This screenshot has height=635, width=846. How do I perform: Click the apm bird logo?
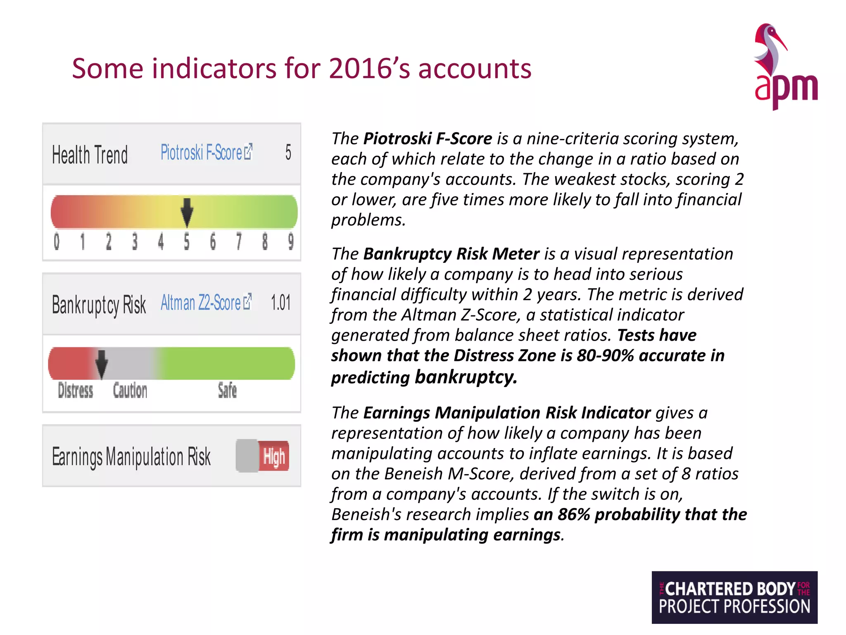point(785,66)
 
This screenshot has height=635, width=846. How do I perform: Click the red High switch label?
point(274,457)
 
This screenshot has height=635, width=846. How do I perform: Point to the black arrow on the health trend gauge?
point(187,212)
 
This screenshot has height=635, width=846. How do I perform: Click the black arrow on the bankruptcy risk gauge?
point(101,363)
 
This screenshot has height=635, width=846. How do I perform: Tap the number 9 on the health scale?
point(291,241)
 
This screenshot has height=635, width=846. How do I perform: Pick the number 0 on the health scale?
point(57,241)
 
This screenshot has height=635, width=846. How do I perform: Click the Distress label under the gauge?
point(76,391)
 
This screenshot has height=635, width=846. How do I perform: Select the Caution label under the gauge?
point(130,391)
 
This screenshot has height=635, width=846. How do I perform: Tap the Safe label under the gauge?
point(227,391)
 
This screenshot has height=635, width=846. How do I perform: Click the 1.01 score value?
point(281,303)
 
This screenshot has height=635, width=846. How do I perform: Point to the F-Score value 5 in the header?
point(288,153)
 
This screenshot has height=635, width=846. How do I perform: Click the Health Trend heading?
point(90,155)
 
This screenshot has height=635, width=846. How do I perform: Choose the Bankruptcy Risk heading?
point(99,305)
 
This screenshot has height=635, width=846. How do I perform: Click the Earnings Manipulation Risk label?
point(131,457)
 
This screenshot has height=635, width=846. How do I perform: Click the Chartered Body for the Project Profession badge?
point(734,597)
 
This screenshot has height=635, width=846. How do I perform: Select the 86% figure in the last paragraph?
point(574,514)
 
